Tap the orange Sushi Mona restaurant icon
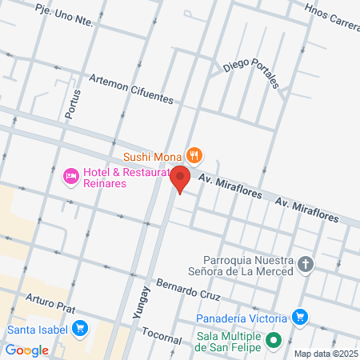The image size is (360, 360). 193,154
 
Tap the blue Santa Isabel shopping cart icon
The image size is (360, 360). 79,327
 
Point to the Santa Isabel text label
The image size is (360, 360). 37,328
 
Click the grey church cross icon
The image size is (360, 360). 305,263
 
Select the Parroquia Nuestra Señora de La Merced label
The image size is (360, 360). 245,265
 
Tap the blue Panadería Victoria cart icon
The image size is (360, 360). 300,317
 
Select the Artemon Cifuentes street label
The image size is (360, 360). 131,88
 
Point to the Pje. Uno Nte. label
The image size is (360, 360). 63,17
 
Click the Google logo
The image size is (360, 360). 26,350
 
